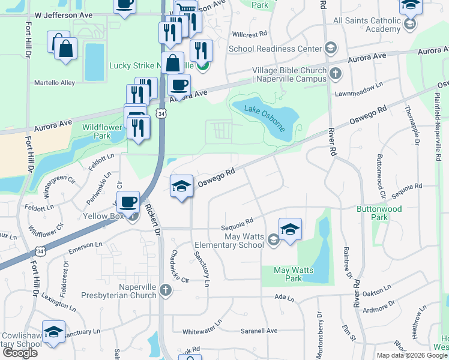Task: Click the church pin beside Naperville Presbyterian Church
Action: click(x=166, y=290)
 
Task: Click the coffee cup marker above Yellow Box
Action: click(x=128, y=202)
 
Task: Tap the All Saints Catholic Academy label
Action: click(x=366, y=25)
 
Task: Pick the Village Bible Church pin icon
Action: click(x=336, y=74)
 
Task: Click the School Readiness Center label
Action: click(x=275, y=48)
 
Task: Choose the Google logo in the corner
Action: click(x=20, y=352)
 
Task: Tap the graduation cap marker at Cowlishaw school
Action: click(x=53, y=333)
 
